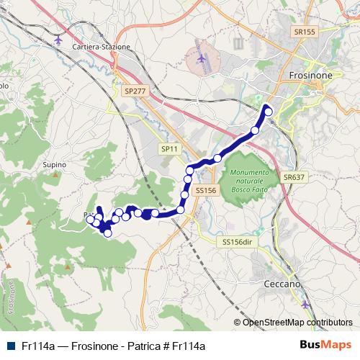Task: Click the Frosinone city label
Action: [310, 75]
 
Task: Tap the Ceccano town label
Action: [282, 284]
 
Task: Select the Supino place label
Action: [55, 165]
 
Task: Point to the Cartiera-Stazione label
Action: [102, 47]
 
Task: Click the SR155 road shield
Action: [305, 32]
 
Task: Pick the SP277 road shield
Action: [134, 91]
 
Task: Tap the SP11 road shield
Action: [169, 148]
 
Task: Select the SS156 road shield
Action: [205, 190]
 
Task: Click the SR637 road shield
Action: [294, 176]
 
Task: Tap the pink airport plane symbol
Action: [202, 58]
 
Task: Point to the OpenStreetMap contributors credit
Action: [297, 323]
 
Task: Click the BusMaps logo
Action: [326, 345]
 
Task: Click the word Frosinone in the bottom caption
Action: [96, 346]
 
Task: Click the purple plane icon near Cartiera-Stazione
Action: [59, 39]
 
